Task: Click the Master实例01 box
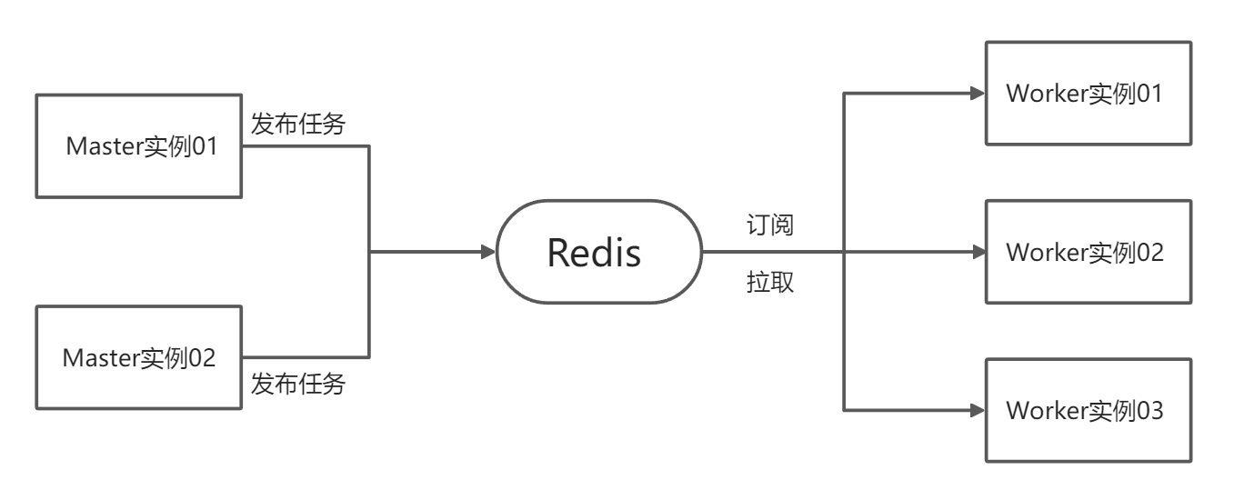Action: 139,145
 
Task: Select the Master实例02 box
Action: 139,357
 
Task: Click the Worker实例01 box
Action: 1089,93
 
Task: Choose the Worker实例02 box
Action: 1089,252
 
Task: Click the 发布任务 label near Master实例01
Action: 298,124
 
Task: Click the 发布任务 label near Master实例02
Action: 298,384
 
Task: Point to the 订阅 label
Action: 769,225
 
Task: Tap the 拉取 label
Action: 769,283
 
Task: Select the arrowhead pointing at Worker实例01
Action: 978,93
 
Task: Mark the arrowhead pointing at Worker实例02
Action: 978,252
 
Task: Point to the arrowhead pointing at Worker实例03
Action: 978,410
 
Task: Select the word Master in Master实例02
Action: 99,358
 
